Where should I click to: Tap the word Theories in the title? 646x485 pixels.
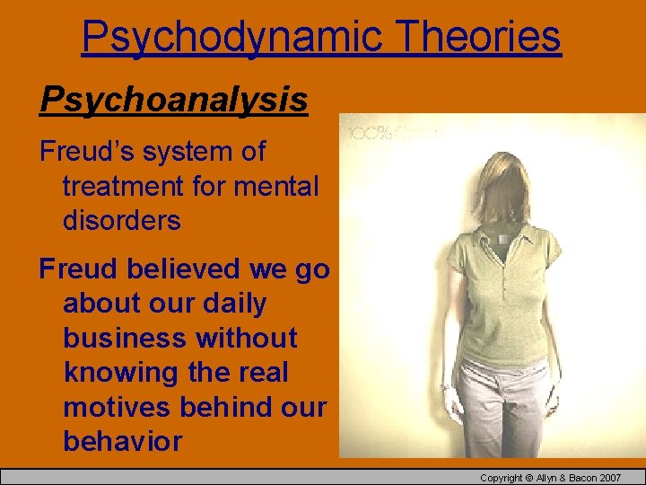[477, 37]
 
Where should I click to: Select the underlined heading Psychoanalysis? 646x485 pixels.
[173, 100]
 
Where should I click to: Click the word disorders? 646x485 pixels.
[121, 220]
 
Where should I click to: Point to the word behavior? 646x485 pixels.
[122, 441]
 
